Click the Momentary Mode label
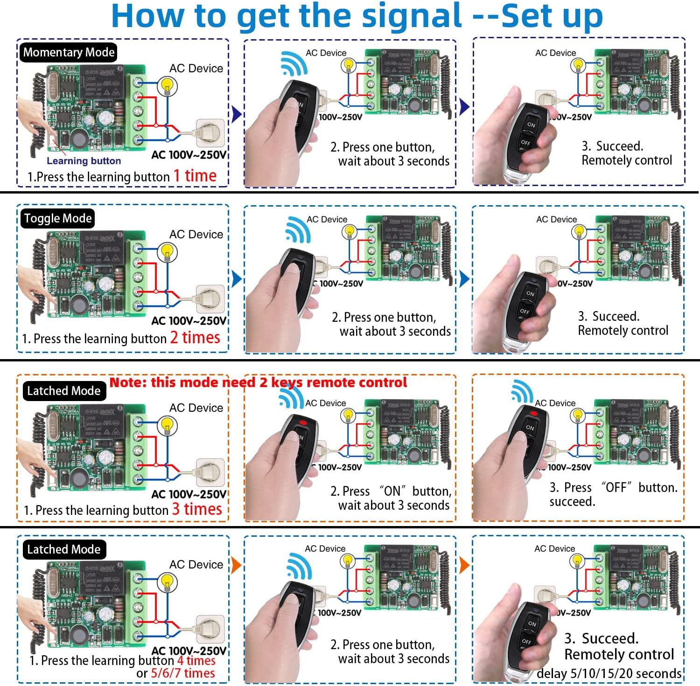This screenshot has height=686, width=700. [68, 52]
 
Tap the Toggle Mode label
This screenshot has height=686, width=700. [58, 218]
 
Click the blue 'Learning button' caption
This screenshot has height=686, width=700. [84, 161]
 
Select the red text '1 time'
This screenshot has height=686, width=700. [195, 176]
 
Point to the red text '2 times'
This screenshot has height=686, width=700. [195, 337]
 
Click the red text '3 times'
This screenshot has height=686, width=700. [197, 509]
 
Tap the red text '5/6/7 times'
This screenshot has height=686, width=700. [182, 673]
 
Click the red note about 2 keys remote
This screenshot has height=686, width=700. [258, 383]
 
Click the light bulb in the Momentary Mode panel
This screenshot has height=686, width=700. [167, 86]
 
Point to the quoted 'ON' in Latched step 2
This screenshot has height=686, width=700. [392, 491]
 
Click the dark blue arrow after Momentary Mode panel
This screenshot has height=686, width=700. [236, 113]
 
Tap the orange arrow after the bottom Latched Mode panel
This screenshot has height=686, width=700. [236, 565]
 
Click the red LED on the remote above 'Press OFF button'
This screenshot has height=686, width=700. [534, 413]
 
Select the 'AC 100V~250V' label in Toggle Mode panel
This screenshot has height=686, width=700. [189, 321]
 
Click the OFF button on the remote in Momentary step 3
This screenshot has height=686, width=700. [525, 142]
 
